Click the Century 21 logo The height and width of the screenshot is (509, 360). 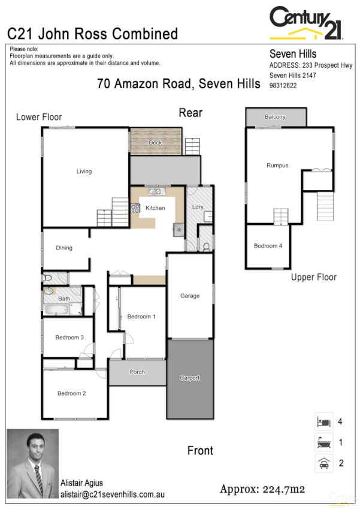(x=306, y=23)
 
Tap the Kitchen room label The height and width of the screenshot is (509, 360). (x=155, y=208)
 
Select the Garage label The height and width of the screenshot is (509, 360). (x=190, y=296)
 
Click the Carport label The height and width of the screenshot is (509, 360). (x=189, y=378)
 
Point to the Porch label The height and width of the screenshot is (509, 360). (x=137, y=372)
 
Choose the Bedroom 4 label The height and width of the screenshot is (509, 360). (x=268, y=246)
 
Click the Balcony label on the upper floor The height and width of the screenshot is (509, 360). (x=275, y=117)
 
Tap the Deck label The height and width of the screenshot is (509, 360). (x=155, y=143)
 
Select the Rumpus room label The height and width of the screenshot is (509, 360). (x=277, y=165)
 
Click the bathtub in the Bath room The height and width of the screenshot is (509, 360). (x=56, y=310)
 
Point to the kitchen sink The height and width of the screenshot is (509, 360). (x=156, y=192)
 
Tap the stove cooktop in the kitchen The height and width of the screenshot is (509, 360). (x=135, y=209)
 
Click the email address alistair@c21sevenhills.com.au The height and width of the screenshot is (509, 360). (x=112, y=495)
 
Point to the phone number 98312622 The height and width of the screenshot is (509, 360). (x=283, y=86)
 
